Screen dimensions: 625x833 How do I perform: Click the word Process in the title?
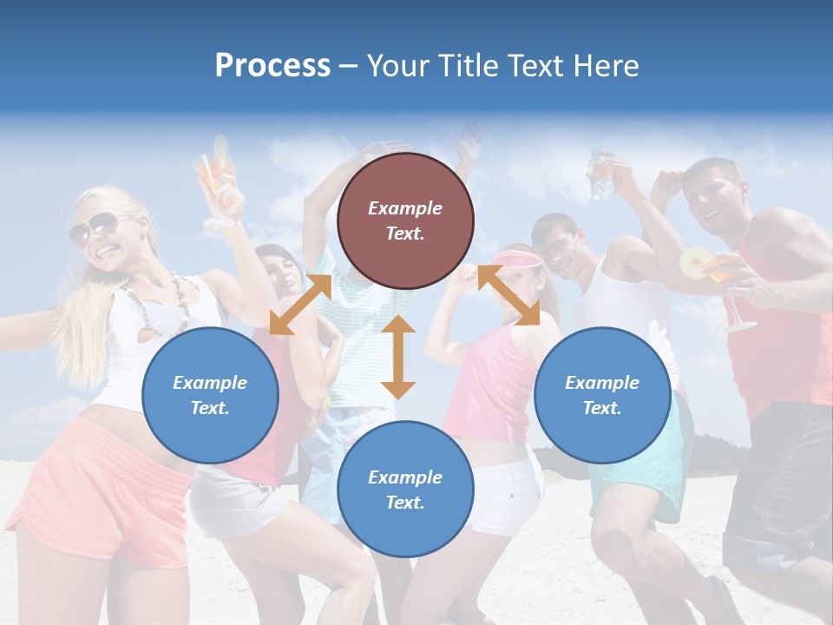pos(272,66)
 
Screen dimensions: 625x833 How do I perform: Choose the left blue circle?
pos(210,396)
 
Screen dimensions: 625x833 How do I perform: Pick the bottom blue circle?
pos(405,490)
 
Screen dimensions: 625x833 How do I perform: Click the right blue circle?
pos(602,396)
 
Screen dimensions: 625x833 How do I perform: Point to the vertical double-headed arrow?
pos(398,357)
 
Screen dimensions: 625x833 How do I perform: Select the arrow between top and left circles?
pos(300,305)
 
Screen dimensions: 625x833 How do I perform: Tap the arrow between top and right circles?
pos(508,295)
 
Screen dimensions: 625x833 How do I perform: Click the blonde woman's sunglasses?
pos(93,228)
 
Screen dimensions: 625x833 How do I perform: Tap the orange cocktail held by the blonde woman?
pos(216,178)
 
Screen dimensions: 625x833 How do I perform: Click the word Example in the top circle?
pos(405,208)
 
